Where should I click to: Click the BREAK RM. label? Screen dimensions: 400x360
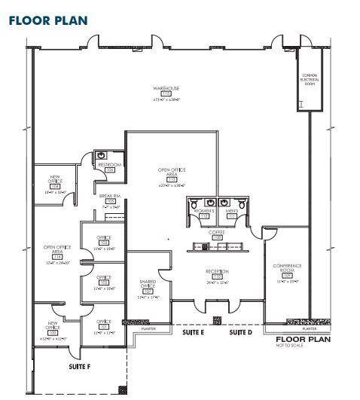pyautogui.click(x=110, y=196)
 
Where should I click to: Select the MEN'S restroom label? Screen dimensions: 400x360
pyautogui.click(x=231, y=211)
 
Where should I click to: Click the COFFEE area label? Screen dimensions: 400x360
pyautogui.click(x=217, y=232)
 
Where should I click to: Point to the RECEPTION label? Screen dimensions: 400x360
pyautogui.click(x=217, y=271)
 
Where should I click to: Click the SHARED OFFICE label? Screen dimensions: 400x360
pyautogui.click(x=148, y=284)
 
